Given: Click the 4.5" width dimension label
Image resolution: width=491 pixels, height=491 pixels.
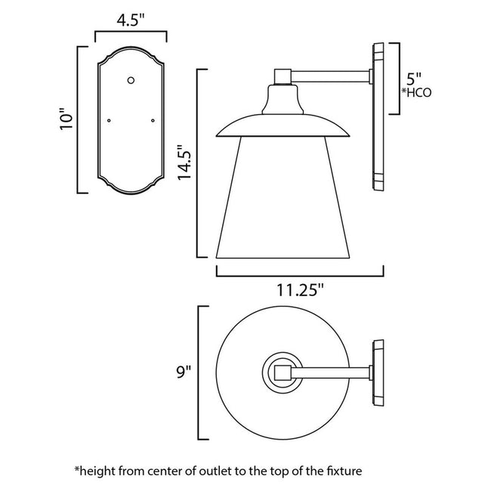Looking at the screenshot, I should tap(131, 20).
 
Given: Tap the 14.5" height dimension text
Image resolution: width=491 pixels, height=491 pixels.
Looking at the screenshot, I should tap(184, 162).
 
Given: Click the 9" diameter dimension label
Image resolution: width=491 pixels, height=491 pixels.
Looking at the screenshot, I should tap(184, 372).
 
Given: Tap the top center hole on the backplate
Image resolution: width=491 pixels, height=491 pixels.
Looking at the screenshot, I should tap(131, 79).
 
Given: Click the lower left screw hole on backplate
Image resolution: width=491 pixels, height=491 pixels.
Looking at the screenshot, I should tap(110, 119).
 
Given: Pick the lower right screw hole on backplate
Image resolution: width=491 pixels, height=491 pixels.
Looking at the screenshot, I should tap(153, 119).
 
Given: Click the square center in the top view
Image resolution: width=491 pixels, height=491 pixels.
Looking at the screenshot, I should tap(281, 372).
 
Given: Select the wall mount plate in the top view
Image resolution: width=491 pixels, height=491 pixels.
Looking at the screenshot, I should tap(378, 372).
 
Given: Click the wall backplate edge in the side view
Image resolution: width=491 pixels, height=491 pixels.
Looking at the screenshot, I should tap(378, 121).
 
